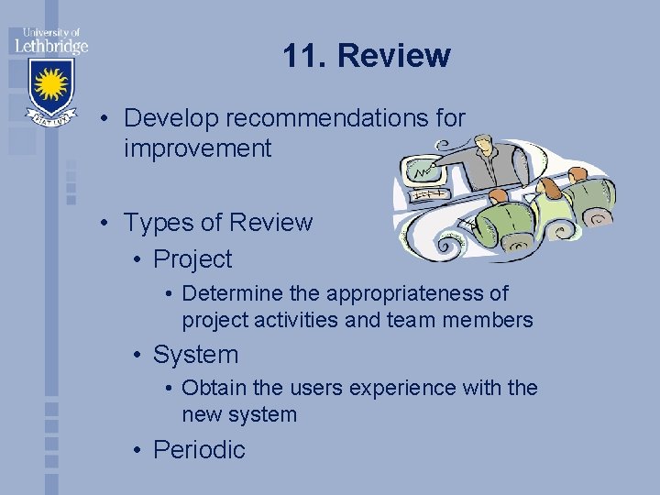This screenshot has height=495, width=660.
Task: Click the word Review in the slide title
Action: click(x=394, y=56)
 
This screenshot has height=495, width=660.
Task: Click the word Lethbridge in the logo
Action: click(x=50, y=45)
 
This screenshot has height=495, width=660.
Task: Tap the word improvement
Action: click(x=198, y=148)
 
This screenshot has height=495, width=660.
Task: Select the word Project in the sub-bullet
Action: click(x=192, y=259)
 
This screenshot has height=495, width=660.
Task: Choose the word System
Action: click(x=195, y=355)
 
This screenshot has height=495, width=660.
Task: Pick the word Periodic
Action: click(x=199, y=450)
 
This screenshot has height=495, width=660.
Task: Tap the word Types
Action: click(x=157, y=223)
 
